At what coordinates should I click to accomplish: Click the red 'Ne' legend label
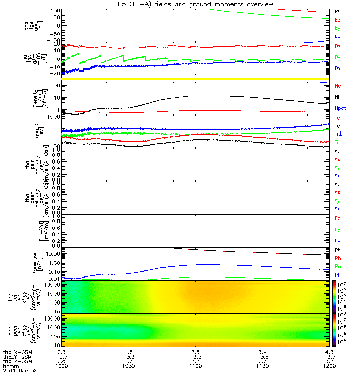coord(337,86)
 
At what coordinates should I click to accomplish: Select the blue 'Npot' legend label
coord(340,108)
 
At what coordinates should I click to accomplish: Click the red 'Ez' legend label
coord(337,218)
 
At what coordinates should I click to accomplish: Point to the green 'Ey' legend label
coord(337,229)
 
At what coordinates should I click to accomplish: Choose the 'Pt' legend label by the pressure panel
coord(337,251)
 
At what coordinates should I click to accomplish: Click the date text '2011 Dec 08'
coord(20,371)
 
